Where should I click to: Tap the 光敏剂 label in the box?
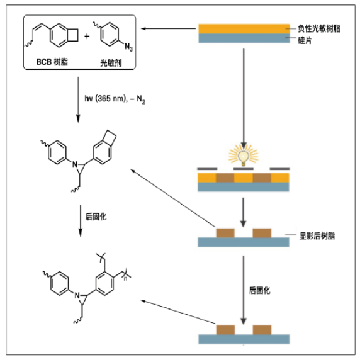point(111,64)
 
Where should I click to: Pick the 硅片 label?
point(305,39)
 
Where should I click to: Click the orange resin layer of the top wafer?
point(243,28)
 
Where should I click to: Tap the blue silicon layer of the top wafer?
point(243,38)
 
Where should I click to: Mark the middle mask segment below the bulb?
point(243,169)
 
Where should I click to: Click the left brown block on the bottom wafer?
point(225,330)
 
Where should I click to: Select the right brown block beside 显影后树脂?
point(261,234)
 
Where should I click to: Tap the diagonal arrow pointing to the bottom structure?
point(170,310)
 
